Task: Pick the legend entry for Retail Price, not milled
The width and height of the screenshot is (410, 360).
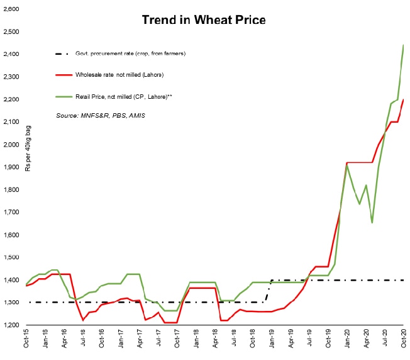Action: click(x=125, y=98)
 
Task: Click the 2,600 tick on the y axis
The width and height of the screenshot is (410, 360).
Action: click(x=12, y=9)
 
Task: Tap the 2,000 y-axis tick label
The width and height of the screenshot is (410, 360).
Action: click(x=12, y=144)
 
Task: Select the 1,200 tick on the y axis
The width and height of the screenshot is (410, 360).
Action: click(x=12, y=325)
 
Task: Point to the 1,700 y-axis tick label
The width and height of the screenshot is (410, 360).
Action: click(x=12, y=212)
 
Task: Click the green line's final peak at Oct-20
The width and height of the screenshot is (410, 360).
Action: click(x=403, y=45)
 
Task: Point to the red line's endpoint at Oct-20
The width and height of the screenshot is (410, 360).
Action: click(x=403, y=99)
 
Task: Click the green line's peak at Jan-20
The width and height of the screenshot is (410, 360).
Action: click(x=346, y=165)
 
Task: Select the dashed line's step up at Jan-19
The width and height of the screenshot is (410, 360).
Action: click(x=270, y=291)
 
